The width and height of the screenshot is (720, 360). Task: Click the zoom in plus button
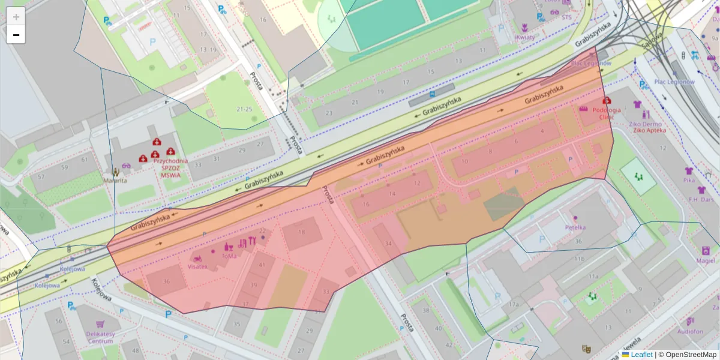point(16,16)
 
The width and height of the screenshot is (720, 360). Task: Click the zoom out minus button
point(16,35)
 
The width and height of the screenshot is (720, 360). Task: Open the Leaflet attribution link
point(641,355)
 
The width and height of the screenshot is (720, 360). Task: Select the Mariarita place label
point(115,180)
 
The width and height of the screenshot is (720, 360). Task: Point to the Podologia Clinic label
point(607,114)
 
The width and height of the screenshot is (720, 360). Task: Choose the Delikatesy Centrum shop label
point(100,338)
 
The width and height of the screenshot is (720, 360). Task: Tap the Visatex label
point(198,266)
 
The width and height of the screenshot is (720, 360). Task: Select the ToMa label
point(229,256)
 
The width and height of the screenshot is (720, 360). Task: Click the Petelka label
point(575,227)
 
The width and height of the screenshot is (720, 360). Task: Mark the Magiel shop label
point(706,260)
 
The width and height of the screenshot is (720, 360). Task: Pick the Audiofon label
point(690,331)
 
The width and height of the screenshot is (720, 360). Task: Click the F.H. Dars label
point(701,199)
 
